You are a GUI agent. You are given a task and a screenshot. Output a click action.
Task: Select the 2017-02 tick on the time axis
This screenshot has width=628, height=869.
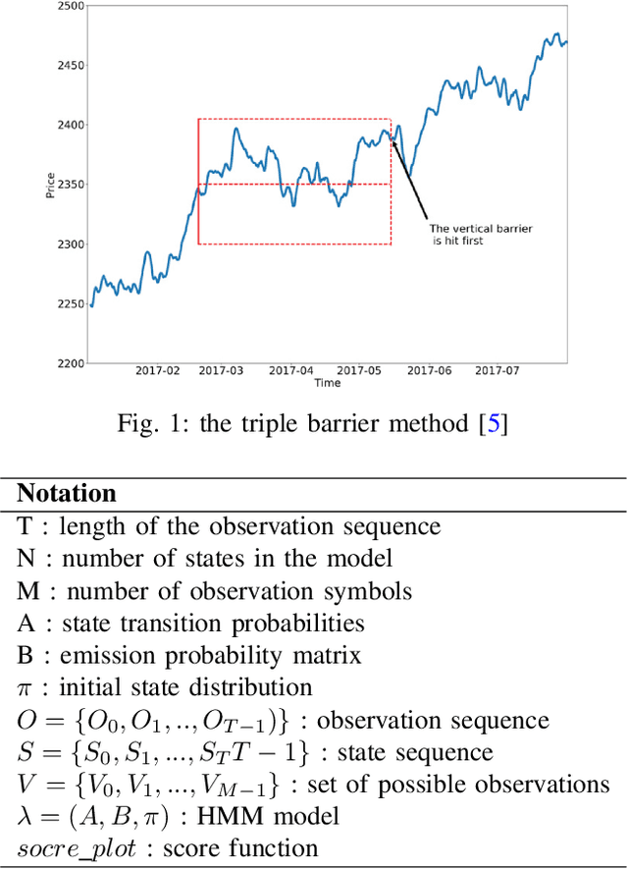point(156,371)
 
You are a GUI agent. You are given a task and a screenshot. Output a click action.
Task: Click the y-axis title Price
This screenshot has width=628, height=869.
point(50,184)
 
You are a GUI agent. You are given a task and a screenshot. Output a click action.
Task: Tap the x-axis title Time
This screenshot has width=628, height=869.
point(328,382)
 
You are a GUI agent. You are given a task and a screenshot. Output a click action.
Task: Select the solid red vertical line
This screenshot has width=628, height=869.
point(198,182)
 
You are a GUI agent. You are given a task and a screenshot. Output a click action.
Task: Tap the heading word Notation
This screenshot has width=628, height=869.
point(67,493)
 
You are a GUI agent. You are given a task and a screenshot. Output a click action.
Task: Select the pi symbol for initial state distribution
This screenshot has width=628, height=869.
point(25,687)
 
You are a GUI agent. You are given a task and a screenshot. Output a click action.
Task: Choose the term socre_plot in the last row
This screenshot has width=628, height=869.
point(65,847)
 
